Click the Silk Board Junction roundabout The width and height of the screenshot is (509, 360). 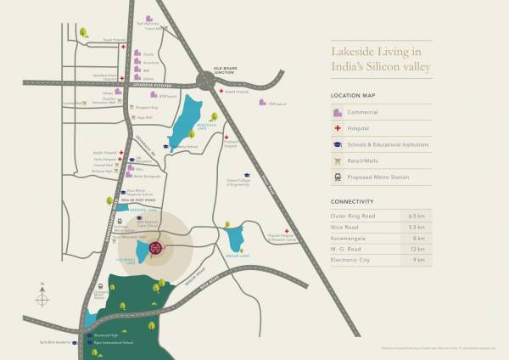tap(206, 81)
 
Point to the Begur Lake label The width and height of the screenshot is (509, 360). tap(238, 255)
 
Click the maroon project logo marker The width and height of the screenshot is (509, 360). tap(157, 248)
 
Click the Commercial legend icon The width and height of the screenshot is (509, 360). tap(337, 112)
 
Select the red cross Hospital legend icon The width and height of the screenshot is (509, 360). tap(337, 128)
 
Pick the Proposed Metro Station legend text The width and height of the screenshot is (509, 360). tap(381, 178)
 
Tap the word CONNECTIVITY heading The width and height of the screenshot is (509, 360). tap(352, 201)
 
